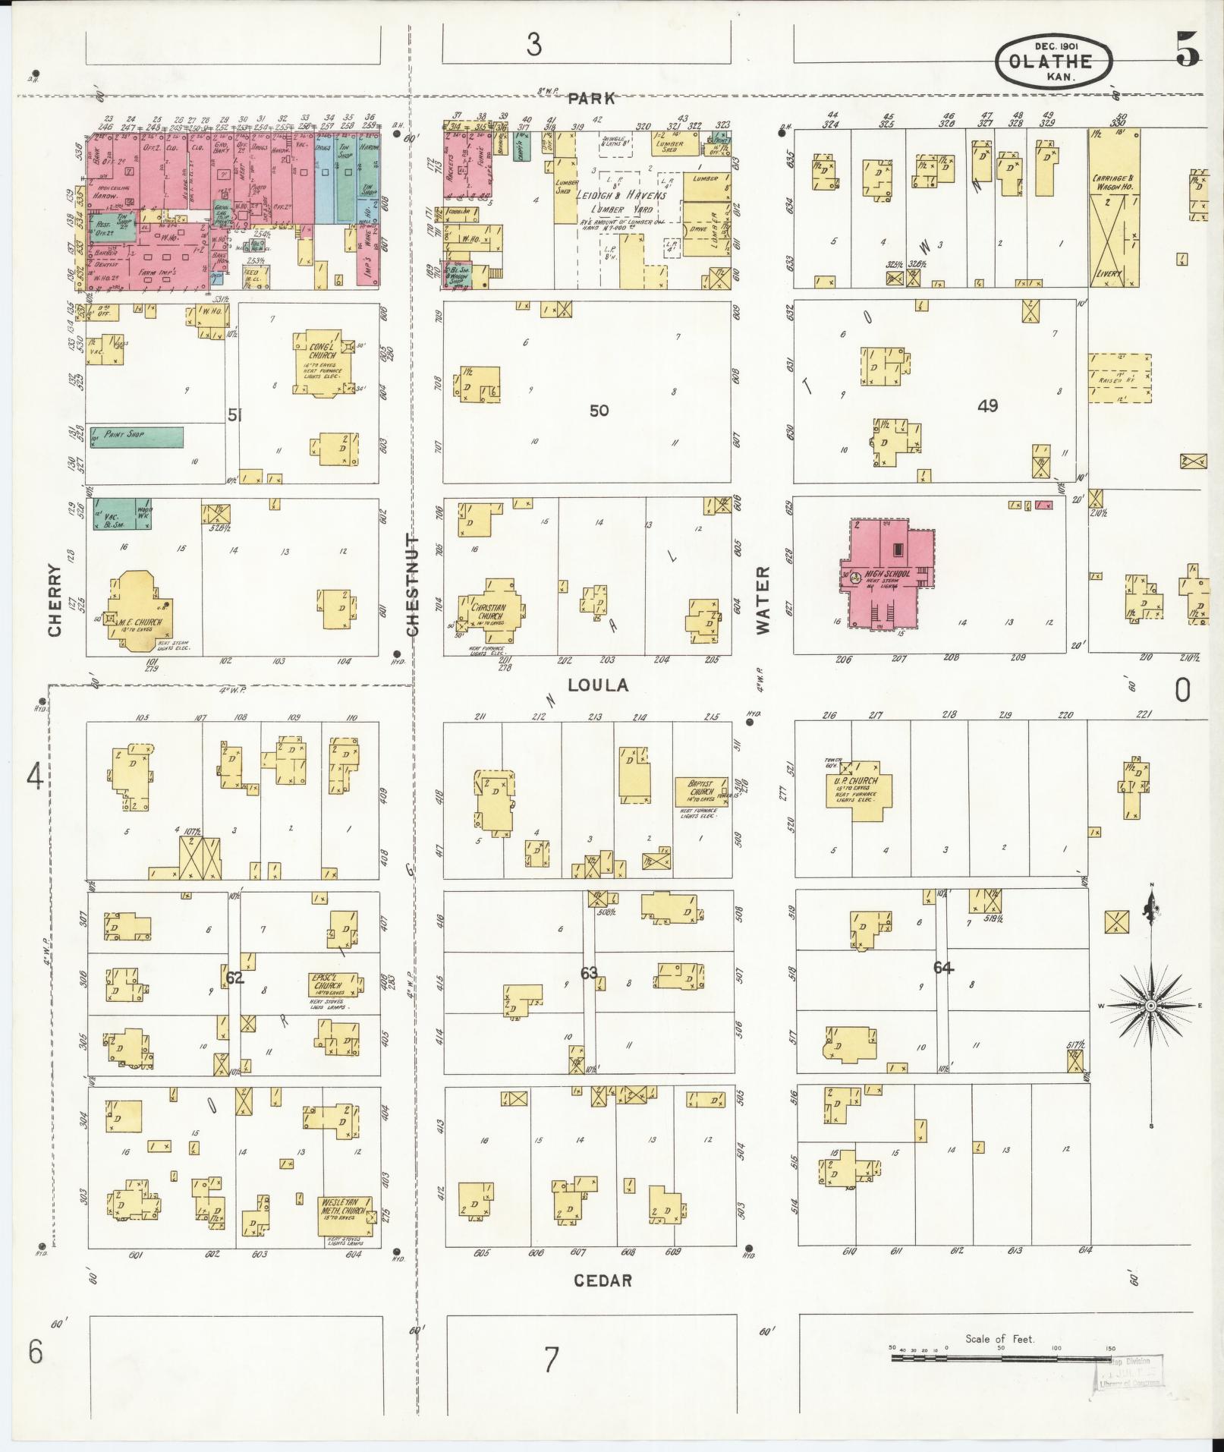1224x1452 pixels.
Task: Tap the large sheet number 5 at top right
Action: click(1188, 49)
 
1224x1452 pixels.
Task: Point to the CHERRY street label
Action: click(55, 600)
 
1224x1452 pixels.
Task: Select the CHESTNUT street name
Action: click(412, 584)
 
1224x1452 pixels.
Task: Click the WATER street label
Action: click(763, 600)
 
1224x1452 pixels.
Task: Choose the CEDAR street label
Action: click(603, 1280)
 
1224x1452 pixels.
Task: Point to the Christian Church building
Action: click(489, 613)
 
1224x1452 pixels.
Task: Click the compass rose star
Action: click(1150, 1005)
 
